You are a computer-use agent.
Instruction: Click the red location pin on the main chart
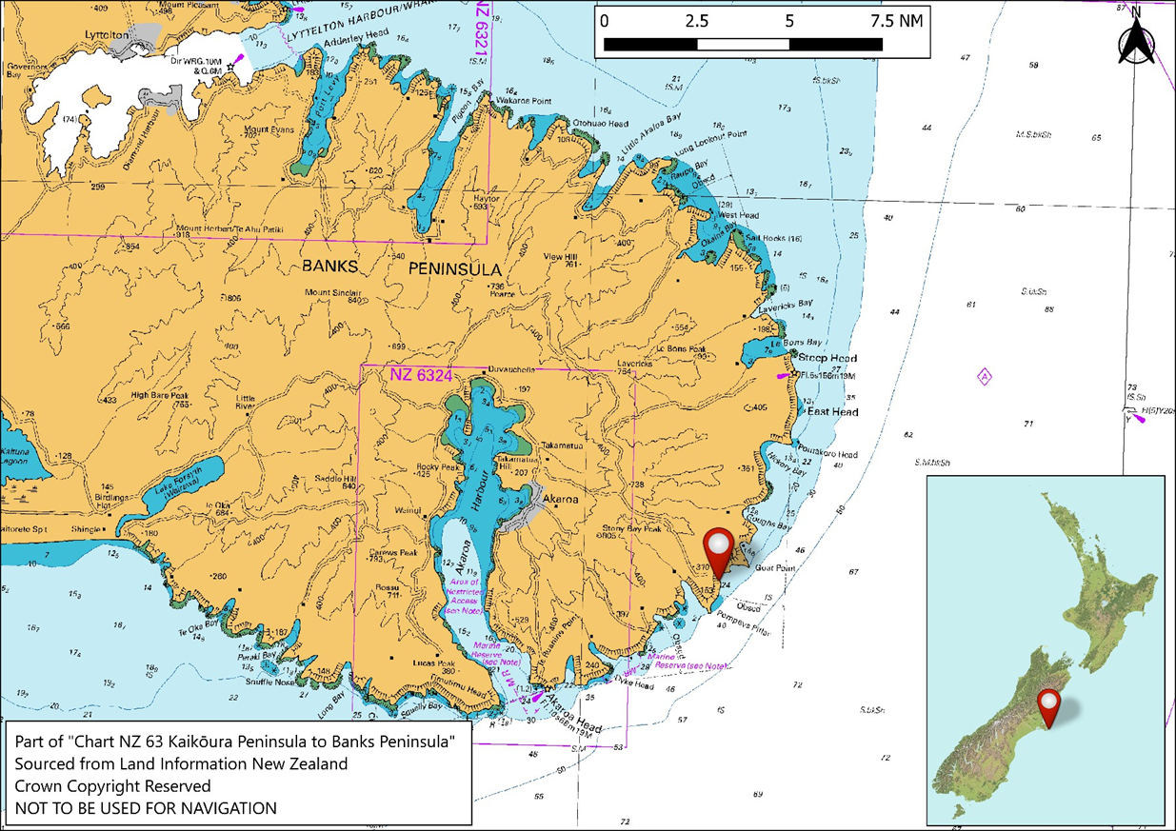click(719, 549)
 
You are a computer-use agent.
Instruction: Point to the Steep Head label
click(827, 359)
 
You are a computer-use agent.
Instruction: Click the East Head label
click(832, 412)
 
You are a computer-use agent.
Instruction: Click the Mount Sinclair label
click(333, 292)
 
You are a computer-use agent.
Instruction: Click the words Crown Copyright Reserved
click(112, 786)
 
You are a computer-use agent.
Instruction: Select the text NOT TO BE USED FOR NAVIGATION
click(146, 808)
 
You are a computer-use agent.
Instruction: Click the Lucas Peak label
click(433, 663)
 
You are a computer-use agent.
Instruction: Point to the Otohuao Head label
click(599, 124)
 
